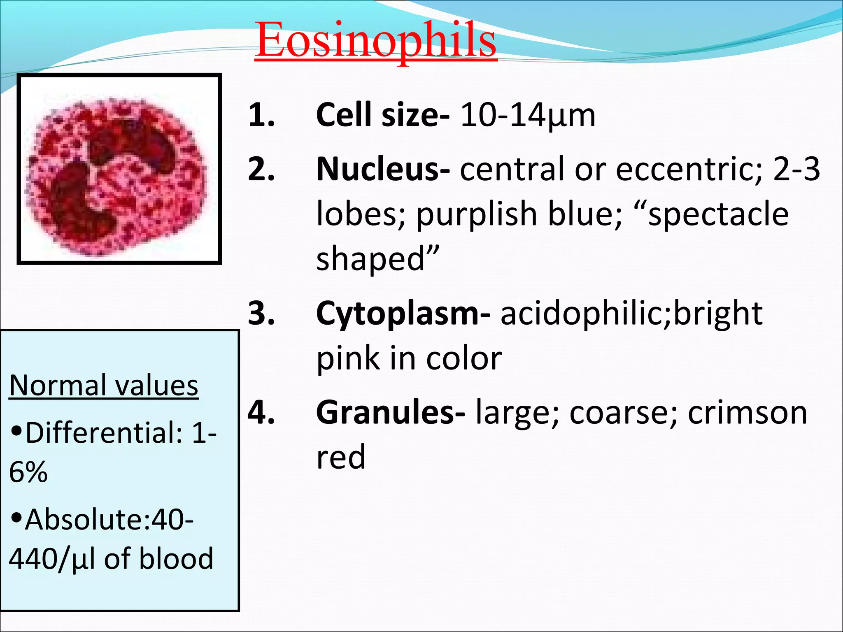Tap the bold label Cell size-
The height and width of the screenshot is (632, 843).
click(382, 115)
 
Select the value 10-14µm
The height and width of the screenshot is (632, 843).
click(528, 115)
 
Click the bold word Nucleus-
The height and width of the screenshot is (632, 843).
click(382, 170)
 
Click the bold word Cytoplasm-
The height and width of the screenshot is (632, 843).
click(403, 314)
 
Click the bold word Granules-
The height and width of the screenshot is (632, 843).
click(391, 413)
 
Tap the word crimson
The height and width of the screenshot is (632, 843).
click(748, 413)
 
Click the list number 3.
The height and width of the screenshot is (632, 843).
click(261, 314)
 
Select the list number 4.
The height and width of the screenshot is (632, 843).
click(261, 413)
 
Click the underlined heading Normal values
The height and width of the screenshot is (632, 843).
click(104, 386)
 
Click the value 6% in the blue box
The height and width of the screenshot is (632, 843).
click(28, 472)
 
